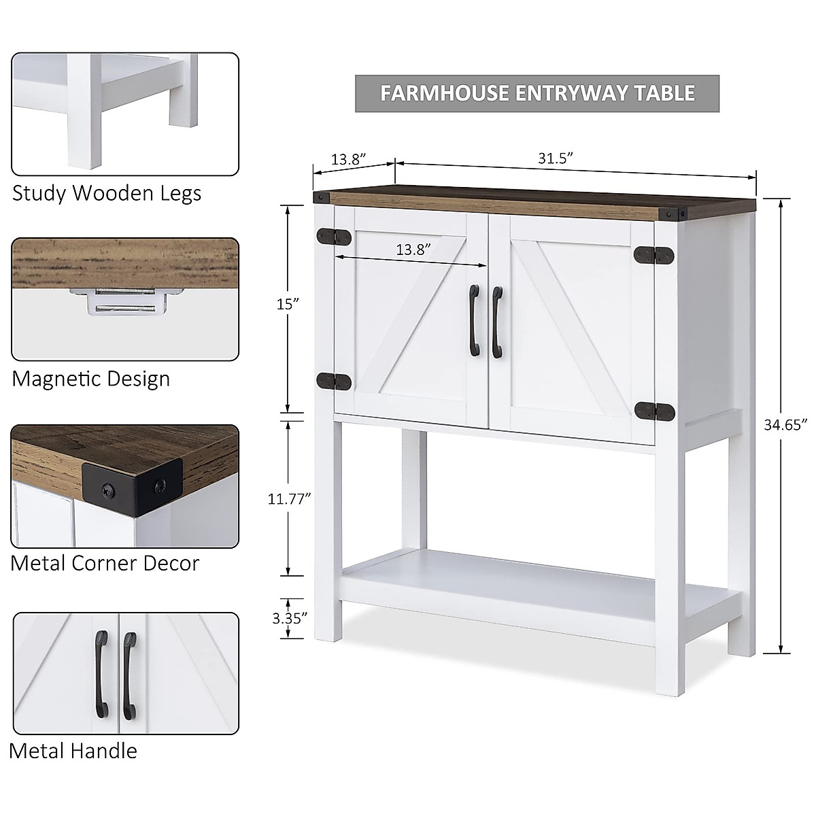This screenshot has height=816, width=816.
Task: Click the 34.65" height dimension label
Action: (785, 425)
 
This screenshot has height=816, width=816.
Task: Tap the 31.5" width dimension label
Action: (555, 158)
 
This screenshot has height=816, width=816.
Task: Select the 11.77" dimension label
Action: (289, 498)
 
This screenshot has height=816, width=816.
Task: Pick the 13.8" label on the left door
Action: (414, 250)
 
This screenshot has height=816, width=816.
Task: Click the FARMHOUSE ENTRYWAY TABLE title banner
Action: (537, 93)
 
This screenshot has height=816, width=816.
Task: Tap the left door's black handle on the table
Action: (474, 321)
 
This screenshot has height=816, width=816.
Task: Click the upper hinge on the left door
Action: (334, 237)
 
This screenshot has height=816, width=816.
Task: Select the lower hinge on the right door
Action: (654, 411)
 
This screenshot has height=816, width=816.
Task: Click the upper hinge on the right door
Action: (654, 254)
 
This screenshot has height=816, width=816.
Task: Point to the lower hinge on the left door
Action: (334, 381)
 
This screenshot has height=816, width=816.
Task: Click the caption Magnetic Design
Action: (91, 379)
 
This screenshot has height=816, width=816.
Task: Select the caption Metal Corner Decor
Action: (105, 563)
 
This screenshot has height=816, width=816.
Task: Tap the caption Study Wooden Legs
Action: (107, 193)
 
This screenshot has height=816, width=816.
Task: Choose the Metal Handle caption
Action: (73, 751)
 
